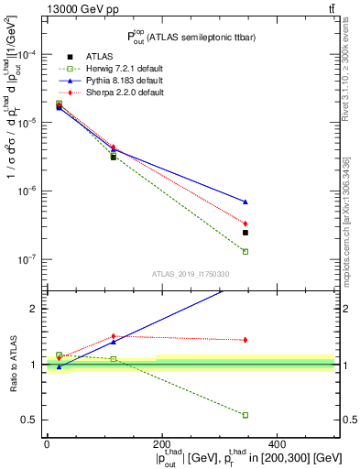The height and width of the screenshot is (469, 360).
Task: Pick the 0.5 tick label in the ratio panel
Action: (30, 420)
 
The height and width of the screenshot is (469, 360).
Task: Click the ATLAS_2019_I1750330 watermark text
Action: (190, 274)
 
